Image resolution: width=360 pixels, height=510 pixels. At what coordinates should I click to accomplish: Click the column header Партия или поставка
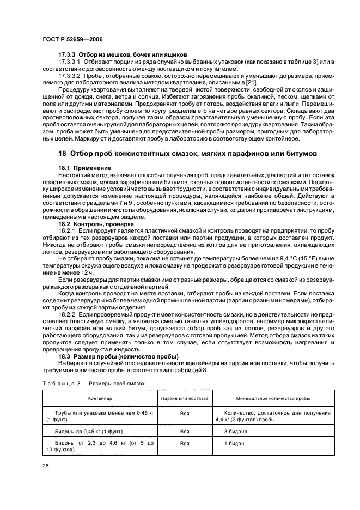tap(185, 399)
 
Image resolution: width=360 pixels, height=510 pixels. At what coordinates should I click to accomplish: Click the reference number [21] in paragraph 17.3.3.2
tap(251, 82)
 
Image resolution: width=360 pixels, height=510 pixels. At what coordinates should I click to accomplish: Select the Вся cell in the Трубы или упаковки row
tap(185, 414)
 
